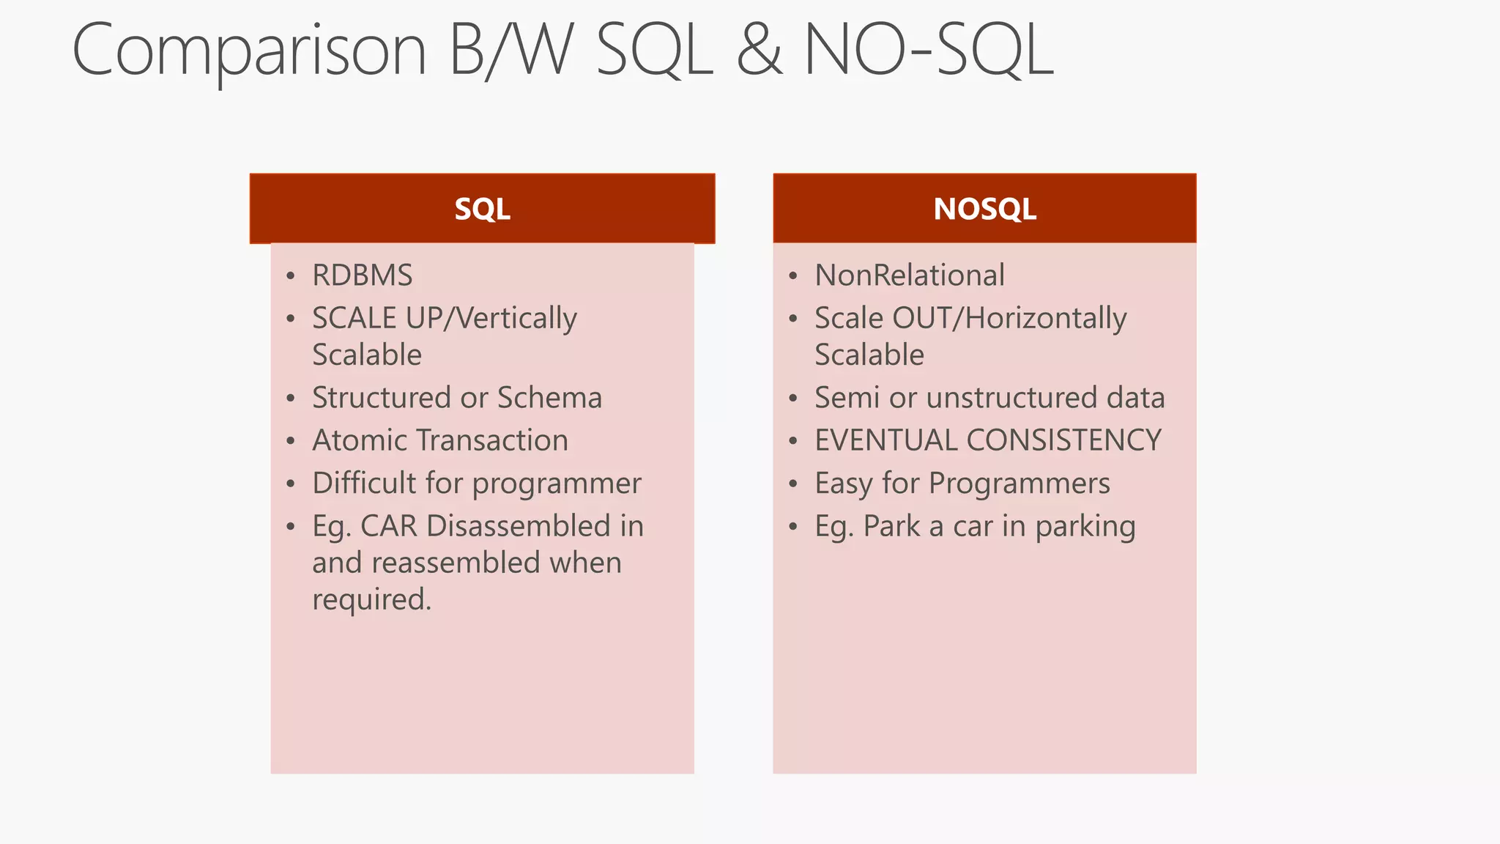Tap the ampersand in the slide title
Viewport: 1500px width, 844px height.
pyautogui.click(x=759, y=50)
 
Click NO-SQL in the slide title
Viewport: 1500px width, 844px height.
pyautogui.click(x=929, y=50)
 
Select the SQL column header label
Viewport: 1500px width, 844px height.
pyautogui.click(x=482, y=210)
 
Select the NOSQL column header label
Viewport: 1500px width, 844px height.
pyautogui.click(x=984, y=210)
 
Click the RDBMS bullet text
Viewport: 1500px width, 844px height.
pyautogui.click(x=362, y=275)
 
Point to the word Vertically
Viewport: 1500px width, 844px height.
pyautogui.click(x=517, y=319)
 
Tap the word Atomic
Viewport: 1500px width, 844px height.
pyautogui.click(x=358, y=440)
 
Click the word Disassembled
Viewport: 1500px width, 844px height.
pyautogui.click(x=518, y=526)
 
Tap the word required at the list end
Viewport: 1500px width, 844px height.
pyautogui.click(x=371, y=600)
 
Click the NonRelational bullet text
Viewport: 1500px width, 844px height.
pyautogui.click(x=909, y=275)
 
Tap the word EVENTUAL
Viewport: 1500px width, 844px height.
pyautogui.click(x=885, y=440)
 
